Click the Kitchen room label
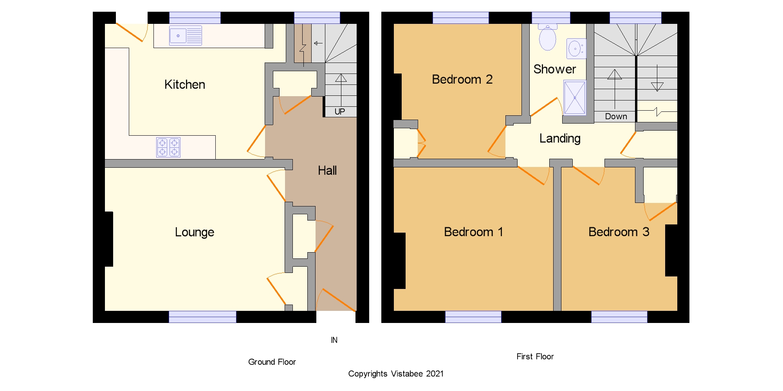click(185, 84)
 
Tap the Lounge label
click(195, 232)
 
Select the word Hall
click(327, 170)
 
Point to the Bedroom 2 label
click(462, 79)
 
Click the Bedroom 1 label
click(473, 232)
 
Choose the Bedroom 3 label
click(619, 232)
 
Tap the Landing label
click(560, 138)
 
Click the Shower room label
click(555, 69)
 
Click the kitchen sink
click(186, 36)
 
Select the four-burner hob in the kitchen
click(168, 147)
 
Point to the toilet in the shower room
click(548, 37)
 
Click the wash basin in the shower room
click(576, 49)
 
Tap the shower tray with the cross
click(575, 97)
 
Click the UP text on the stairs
click(340, 112)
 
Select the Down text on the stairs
click(616, 117)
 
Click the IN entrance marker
click(334, 340)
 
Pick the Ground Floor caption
click(272, 362)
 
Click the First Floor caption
click(535, 357)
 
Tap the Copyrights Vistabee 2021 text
click(396, 374)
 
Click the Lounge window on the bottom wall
click(202, 317)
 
